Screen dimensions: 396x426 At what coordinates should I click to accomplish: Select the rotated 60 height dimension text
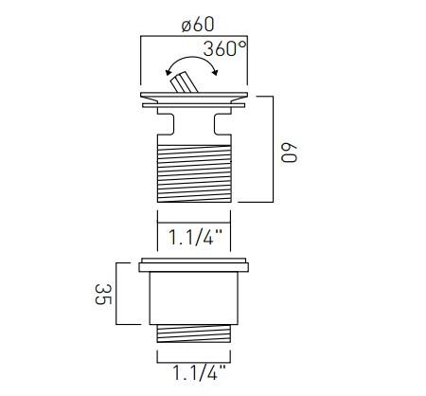(290, 150)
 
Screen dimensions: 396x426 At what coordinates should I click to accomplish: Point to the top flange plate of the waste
(194, 99)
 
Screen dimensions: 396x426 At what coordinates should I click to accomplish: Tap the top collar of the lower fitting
(194, 265)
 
